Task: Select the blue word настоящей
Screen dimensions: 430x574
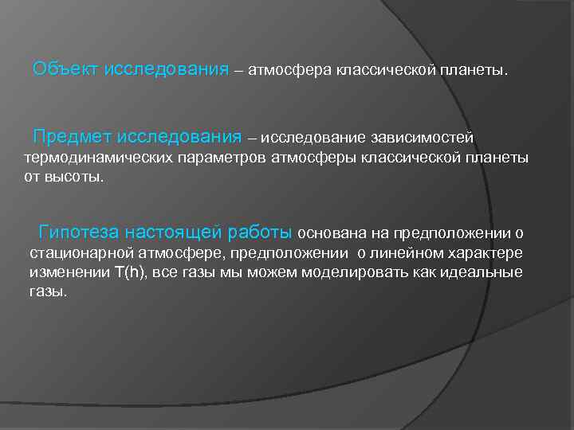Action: pyautogui.click(x=170, y=233)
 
